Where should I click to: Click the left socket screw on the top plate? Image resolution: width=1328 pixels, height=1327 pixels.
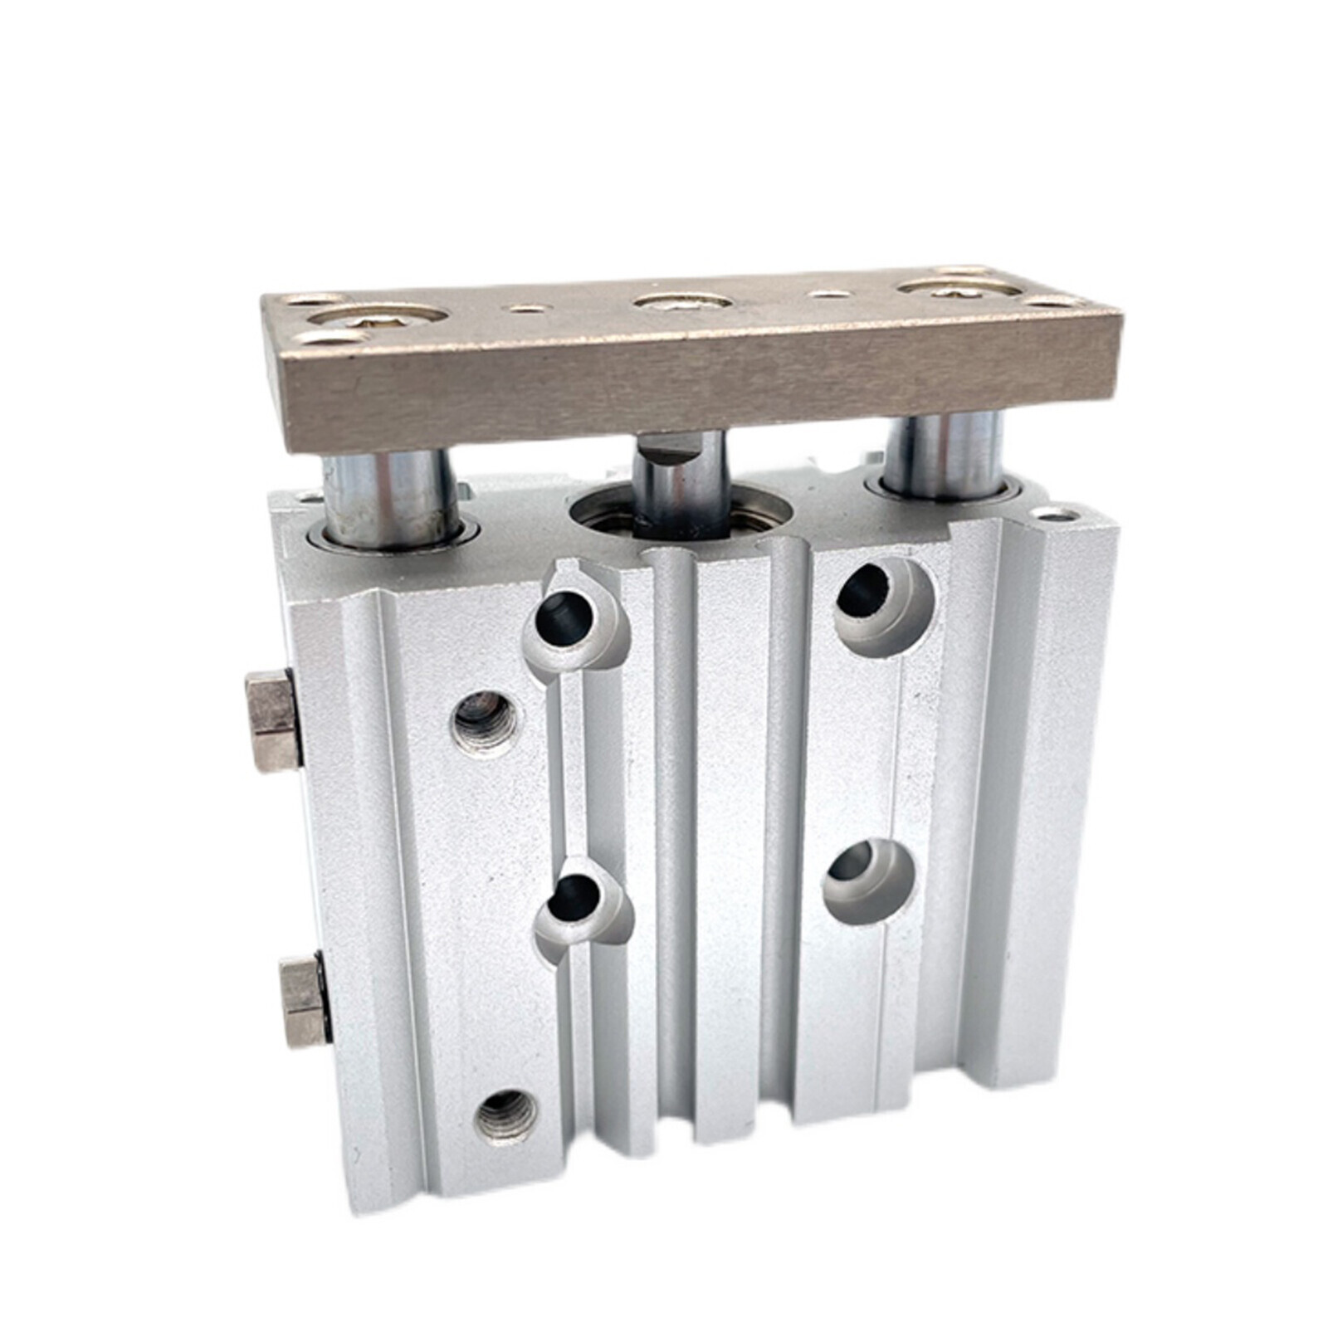point(376,316)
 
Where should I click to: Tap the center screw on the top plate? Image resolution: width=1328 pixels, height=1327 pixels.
point(682,300)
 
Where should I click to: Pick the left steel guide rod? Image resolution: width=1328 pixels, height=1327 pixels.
point(390,498)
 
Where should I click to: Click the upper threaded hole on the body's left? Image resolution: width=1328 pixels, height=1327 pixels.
point(486,719)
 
